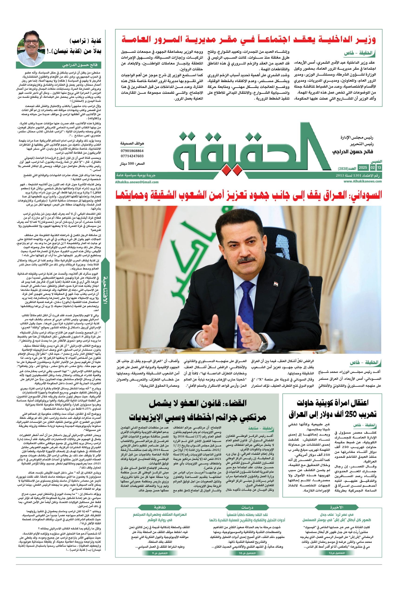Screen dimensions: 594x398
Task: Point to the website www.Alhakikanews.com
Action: click(363, 181)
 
